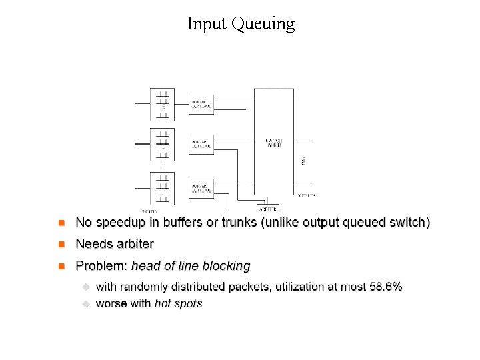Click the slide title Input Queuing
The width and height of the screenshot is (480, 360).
click(240, 24)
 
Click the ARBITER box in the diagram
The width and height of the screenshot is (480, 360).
click(267, 209)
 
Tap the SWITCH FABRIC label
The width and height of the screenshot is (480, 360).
click(273, 143)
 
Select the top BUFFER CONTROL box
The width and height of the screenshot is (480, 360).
click(201, 104)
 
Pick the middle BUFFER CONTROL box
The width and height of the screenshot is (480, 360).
click(201, 144)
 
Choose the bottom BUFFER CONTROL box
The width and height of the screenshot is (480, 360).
click(201, 189)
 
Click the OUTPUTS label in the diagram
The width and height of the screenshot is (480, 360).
click(306, 196)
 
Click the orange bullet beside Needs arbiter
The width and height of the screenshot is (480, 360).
click(61, 244)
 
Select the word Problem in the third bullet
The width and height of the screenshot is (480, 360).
click(101, 266)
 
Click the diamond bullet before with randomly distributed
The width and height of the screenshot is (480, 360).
click(85, 287)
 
